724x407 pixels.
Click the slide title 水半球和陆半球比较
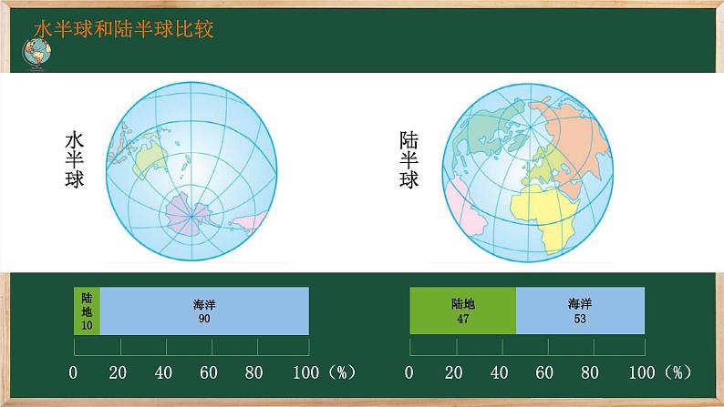coord(123,30)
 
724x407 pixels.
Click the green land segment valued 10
coord(87,310)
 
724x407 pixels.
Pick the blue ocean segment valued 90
coord(204,310)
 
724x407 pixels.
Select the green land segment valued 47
coord(462,310)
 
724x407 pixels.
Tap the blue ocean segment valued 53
coord(580,310)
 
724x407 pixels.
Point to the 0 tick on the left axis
coord(74,372)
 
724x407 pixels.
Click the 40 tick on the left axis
coord(163,372)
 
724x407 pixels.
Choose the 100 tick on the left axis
coord(305,372)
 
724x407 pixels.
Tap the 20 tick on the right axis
coord(453,372)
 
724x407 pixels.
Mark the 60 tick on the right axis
coord(544,372)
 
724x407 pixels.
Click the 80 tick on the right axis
coord(590,372)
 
